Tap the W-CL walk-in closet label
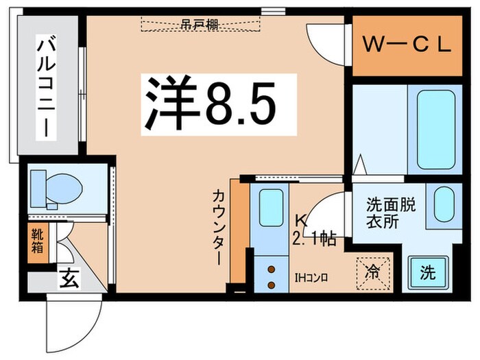407,45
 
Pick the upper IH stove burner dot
272,269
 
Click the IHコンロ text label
312,278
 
